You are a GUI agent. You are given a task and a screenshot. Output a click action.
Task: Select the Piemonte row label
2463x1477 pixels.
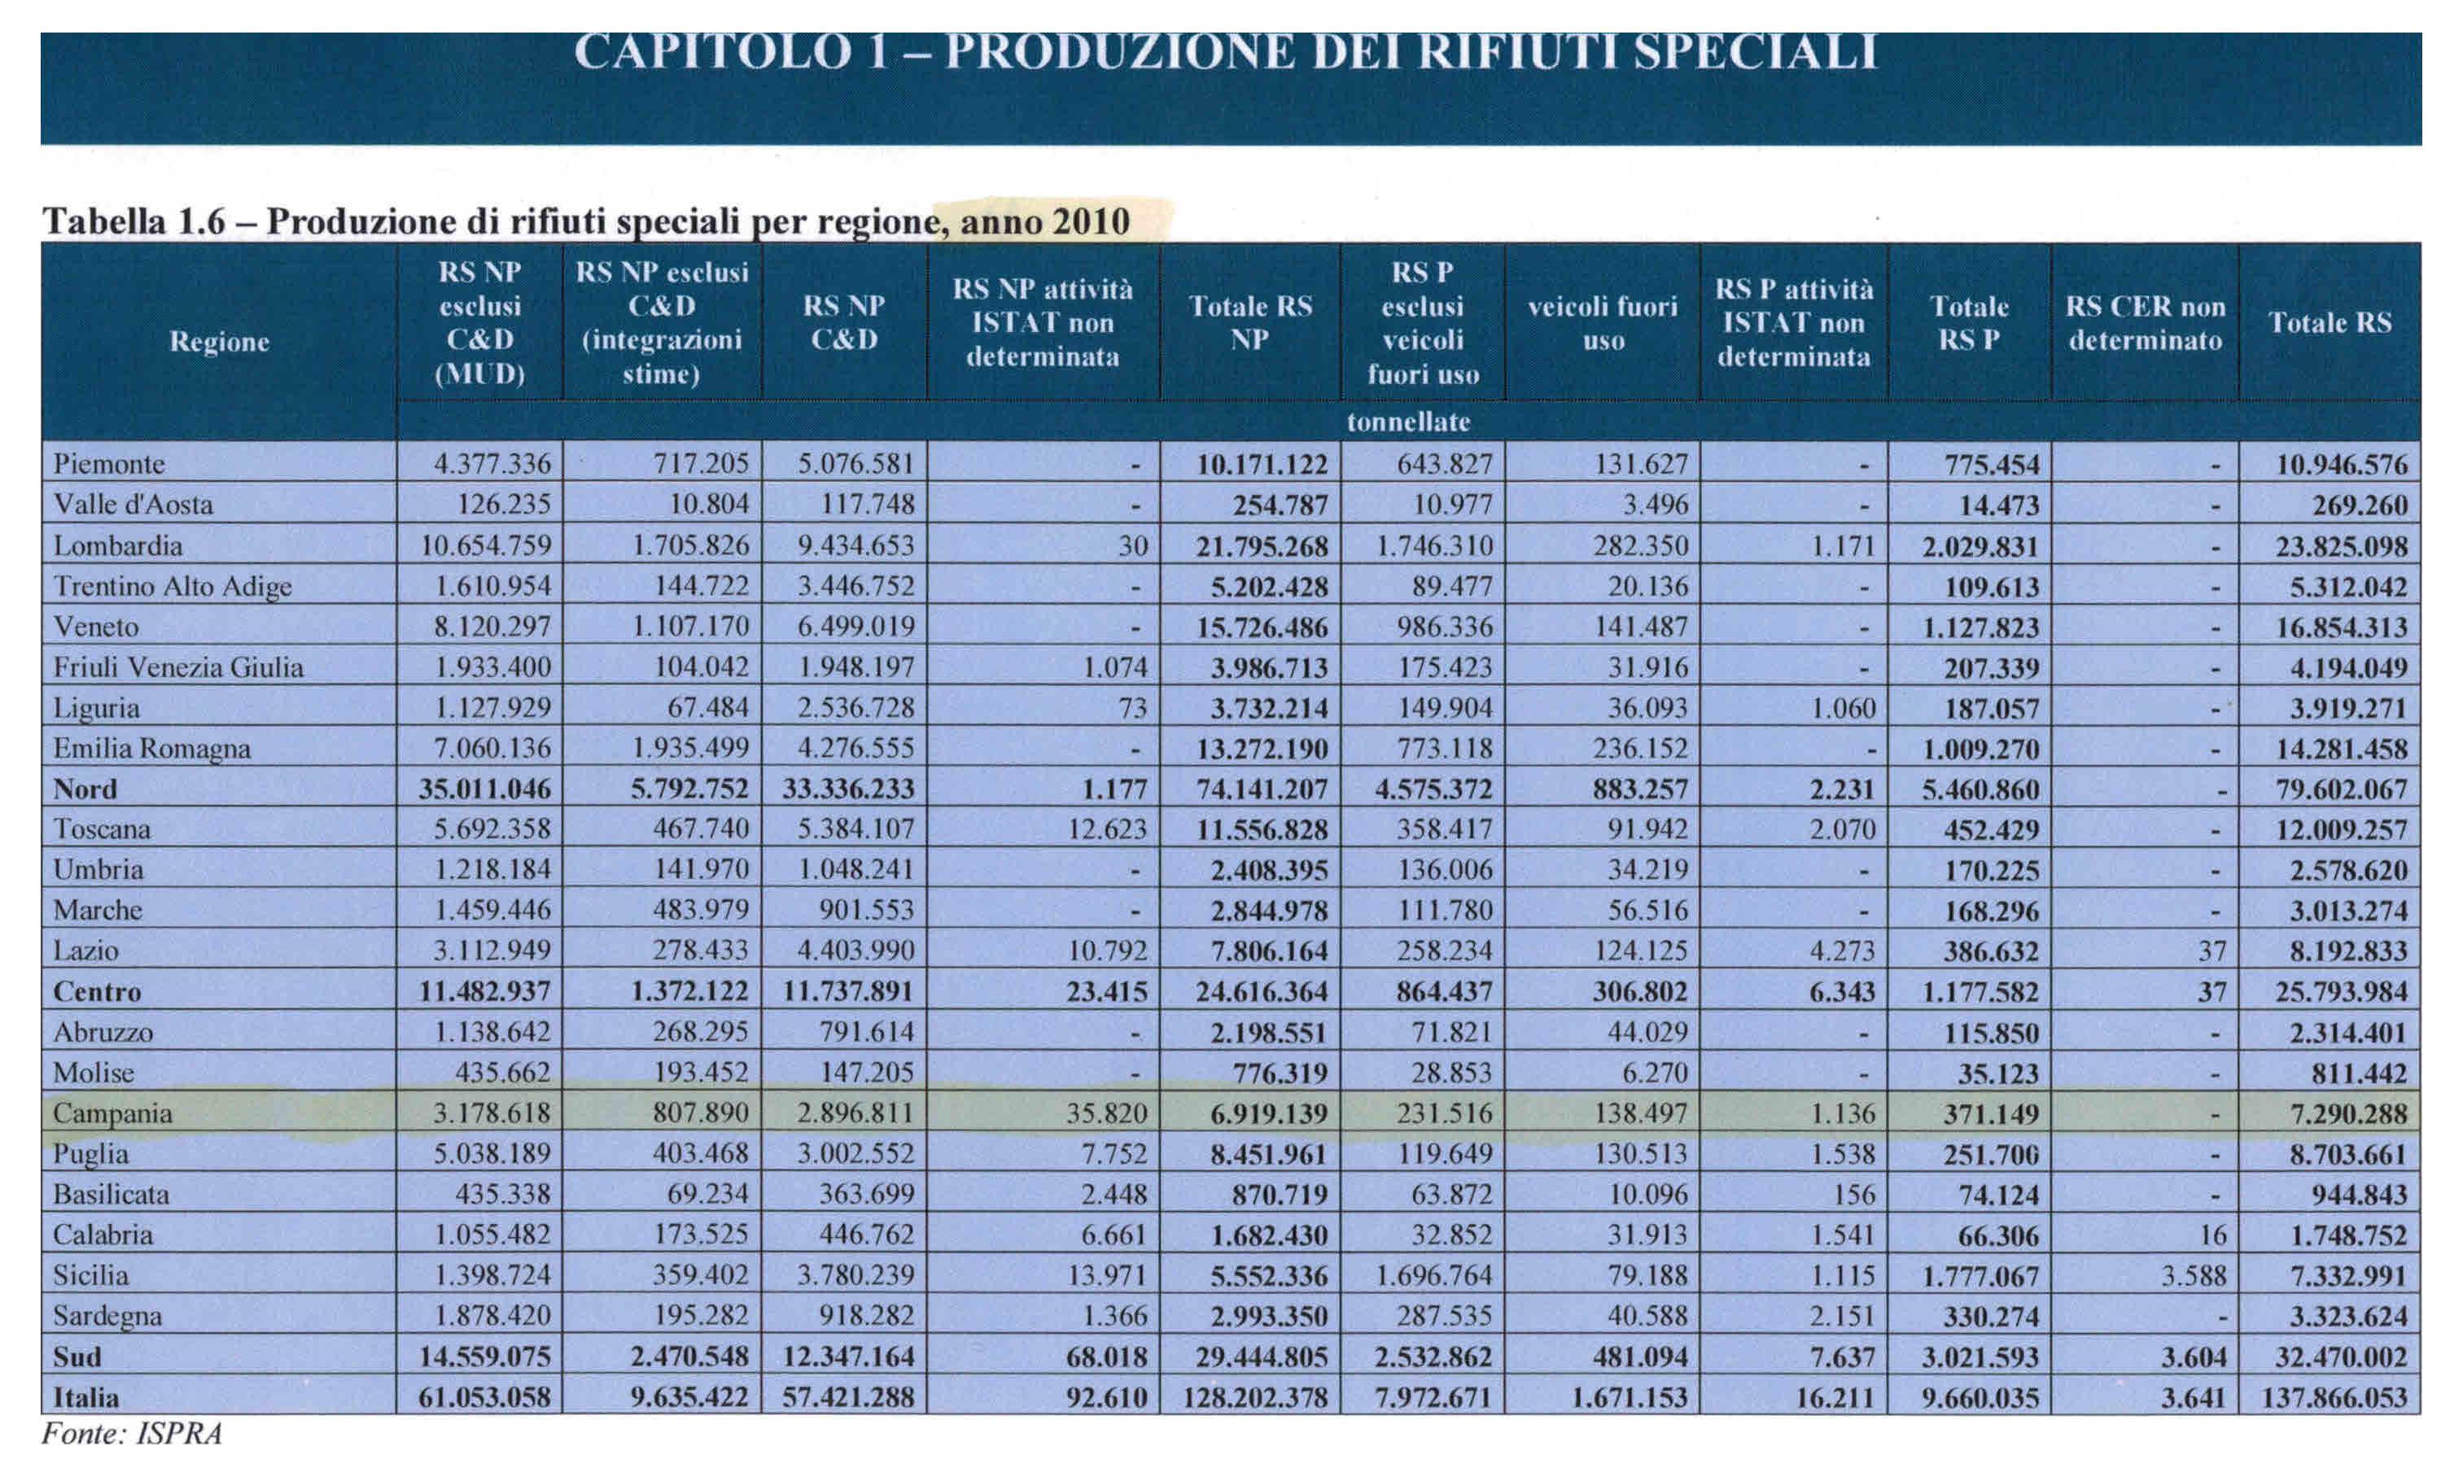[110, 464]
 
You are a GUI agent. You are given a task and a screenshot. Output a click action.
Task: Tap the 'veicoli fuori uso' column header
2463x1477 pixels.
[1602, 322]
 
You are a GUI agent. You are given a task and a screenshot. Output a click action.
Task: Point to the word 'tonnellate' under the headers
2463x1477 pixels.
[1407, 422]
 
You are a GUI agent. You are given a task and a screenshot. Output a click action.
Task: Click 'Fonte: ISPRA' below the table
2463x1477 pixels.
[131, 1433]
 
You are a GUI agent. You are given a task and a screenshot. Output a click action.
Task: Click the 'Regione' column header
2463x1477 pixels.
[219, 342]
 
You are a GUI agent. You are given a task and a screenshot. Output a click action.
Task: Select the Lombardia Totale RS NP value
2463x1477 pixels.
[1262, 546]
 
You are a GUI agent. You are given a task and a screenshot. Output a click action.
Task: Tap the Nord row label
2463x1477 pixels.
[85, 789]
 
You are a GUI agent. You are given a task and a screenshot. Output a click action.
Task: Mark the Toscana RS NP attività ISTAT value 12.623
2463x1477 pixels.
[1107, 829]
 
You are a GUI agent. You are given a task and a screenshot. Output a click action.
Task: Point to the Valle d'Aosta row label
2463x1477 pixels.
[133, 505]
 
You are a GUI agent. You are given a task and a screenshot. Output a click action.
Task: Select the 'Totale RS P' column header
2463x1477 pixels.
[1968, 322]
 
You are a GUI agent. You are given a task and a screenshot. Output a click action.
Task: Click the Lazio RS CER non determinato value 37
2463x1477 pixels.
[2211, 951]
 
